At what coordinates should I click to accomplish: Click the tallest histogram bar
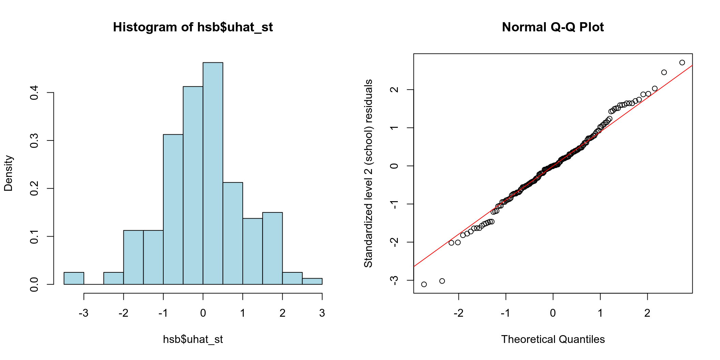click(213, 173)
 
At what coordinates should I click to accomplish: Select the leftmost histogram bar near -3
click(74, 278)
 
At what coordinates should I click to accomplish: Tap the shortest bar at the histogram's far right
click(312, 281)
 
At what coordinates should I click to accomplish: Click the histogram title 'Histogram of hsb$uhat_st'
click(193, 27)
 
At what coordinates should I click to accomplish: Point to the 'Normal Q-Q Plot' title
click(553, 27)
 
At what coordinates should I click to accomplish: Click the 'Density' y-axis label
click(8, 173)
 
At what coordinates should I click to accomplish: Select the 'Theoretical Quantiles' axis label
click(553, 340)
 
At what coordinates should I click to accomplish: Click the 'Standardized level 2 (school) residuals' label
click(368, 173)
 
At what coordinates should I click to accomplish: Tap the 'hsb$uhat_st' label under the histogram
click(193, 340)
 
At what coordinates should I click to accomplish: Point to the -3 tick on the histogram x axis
click(84, 313)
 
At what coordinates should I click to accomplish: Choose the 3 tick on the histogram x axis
click(322, 313)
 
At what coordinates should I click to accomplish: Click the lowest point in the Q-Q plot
click(424, 284)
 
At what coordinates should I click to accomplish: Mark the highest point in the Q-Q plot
click(682, 63)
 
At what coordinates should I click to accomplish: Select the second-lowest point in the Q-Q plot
click(442, 281)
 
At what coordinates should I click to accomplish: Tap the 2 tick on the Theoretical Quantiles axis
click(647, 313)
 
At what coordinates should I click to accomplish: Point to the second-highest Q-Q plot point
click(664, 72)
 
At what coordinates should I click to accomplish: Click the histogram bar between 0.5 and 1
click(233, 233)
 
